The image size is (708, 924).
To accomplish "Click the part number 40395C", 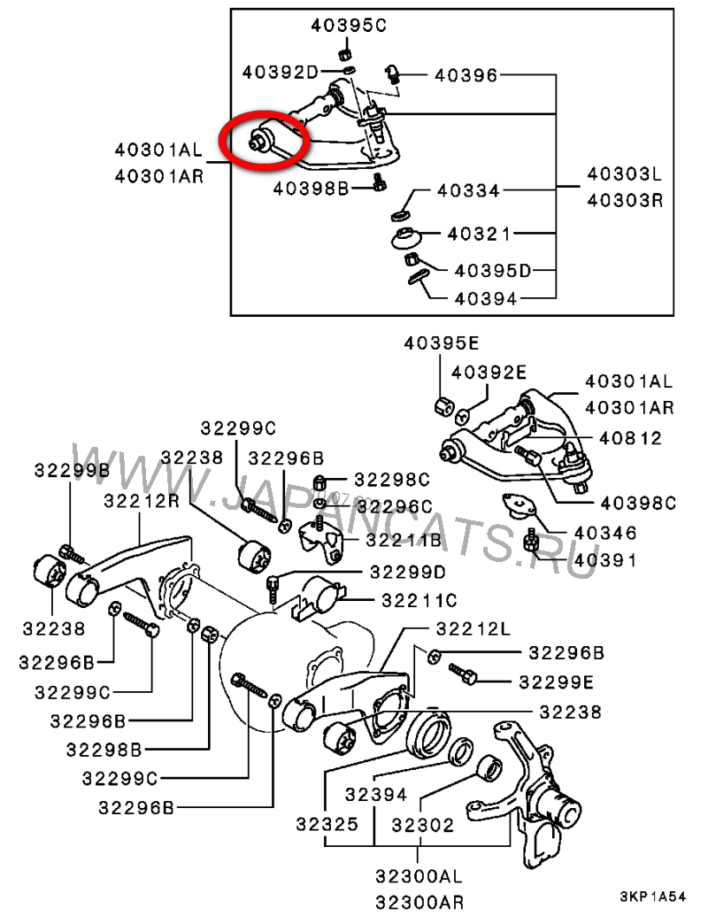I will (349, 26).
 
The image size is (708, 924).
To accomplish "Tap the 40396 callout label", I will (466, 76).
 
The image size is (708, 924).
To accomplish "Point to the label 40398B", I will (311, 188).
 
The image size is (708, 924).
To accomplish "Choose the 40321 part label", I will (479, 235).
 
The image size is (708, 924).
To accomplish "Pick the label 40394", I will (485, 298).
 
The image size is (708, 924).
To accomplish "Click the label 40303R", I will (625, 200).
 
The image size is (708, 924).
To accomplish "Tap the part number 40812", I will (630, 437).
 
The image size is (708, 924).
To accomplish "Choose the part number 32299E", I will (557, 681).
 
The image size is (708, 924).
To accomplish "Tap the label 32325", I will (327, 825).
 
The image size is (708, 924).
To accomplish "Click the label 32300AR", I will (419, 903).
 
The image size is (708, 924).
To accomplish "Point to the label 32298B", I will (104, 750).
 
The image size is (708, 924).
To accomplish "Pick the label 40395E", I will (442, 343).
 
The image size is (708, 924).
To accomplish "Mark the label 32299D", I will (408, 571).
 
